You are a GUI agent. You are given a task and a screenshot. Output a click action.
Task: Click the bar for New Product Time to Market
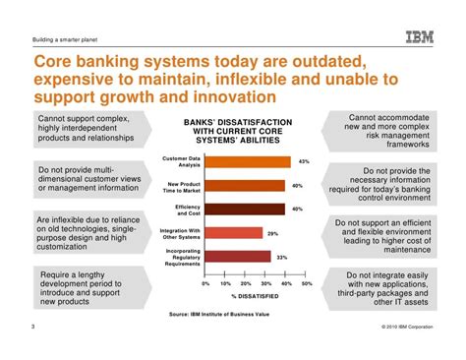(245, 185)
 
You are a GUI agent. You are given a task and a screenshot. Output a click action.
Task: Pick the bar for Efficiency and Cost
(245, 209)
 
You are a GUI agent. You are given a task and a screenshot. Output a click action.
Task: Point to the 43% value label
(304, 161)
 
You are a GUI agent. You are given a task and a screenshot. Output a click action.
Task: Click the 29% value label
(272, 233)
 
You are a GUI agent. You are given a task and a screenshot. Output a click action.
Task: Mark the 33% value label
(281, 257)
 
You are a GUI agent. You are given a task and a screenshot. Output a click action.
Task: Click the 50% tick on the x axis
(306, 283)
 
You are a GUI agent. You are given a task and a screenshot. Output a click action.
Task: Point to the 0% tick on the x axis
(205, 283)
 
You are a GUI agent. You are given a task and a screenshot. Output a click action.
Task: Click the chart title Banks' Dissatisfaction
(233, 132)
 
